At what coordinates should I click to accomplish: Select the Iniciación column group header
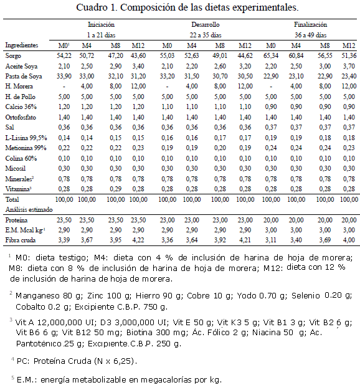coord(101,24)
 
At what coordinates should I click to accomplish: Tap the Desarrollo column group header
coord(206,24)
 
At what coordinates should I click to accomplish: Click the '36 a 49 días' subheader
coord(310,35)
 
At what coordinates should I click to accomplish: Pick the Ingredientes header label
coord(22,45)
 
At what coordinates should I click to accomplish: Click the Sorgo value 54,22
coord(64,55)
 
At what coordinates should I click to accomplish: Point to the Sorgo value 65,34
coord(271,55)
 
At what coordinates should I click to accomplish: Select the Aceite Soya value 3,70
coord(349,66)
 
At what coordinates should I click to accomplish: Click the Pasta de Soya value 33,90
coord(64,77)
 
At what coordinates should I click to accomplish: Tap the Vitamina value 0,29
coord(115,189)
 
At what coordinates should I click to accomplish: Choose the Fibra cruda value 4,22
coord(138,240)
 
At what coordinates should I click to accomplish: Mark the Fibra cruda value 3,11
coord(271,240)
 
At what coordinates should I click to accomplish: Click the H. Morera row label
coord(19,87)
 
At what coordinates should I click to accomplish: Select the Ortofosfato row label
coord(21,117)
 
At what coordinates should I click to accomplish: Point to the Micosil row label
coord(15,168)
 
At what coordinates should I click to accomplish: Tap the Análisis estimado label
coord(29,210)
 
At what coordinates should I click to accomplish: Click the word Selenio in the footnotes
coord(306,296)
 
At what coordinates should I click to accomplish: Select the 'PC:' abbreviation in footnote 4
coord(23,361)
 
